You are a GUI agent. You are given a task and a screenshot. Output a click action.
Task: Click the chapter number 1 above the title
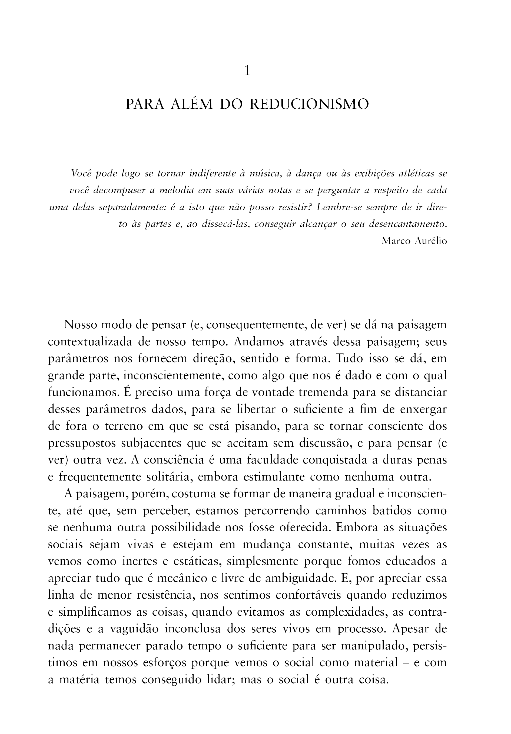pyautogui.click(x=247, y=71)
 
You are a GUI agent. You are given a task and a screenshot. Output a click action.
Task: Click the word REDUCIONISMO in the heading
pyautogui.click(x=309, y=105)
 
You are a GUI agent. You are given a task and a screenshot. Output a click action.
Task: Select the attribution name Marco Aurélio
pyautogui.click(x=414, y=241)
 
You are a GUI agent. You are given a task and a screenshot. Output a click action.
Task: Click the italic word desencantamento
pyautogui.click(x=407, y=224)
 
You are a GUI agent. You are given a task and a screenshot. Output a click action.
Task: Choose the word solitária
pyautogui.click(x=169, y=477)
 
